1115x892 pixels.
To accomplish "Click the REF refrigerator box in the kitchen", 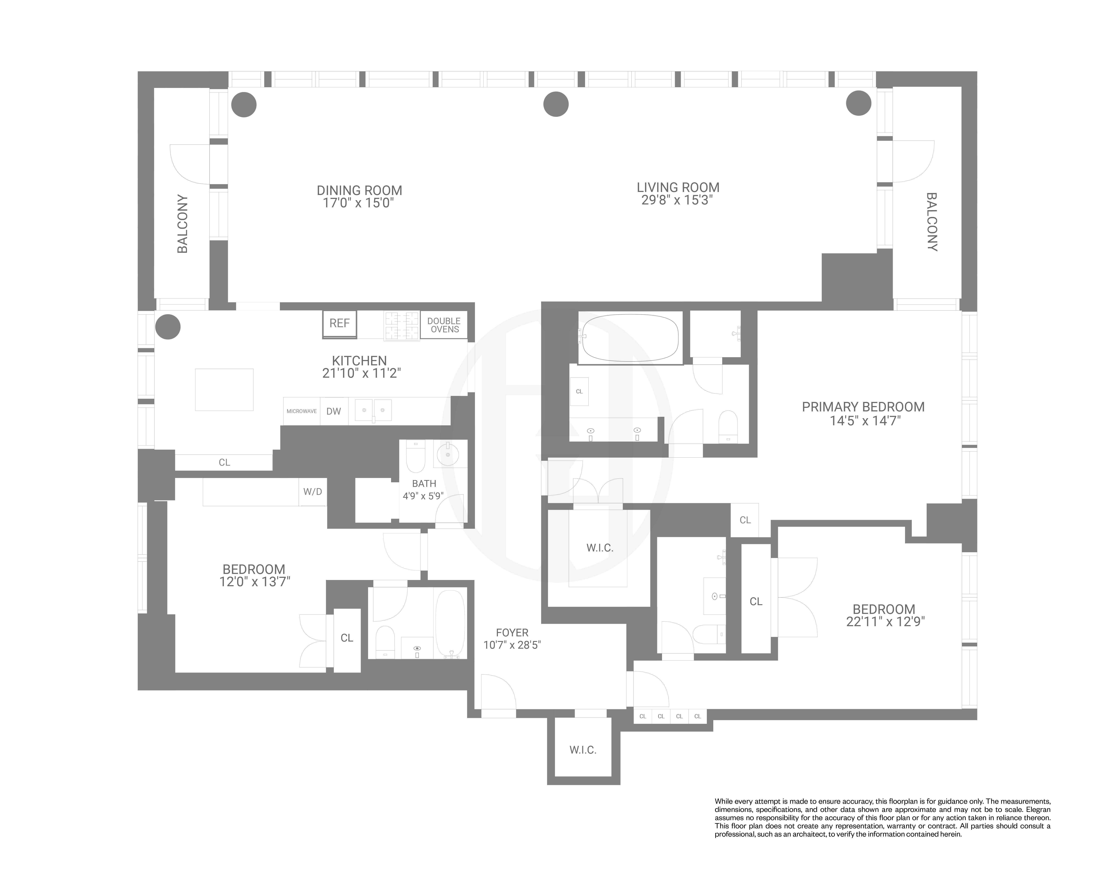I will point(339,324).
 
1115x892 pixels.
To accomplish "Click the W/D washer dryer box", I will point(312,492).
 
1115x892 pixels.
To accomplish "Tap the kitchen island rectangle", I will point(224,389).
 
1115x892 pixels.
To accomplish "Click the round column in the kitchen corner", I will point(168,327).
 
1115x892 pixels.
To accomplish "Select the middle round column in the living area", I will point(556,105).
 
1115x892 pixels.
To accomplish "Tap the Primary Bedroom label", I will point(863,407).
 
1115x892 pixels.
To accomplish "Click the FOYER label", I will point(512,633).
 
